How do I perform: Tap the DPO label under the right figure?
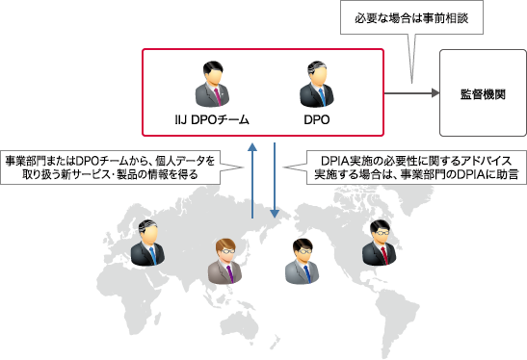[316, 120]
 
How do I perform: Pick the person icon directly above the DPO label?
[316, 85]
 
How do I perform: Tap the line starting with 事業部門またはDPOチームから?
[110, 159]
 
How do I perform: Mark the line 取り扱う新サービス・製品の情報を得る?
[110, 174]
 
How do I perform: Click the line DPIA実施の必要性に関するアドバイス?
[414, 159]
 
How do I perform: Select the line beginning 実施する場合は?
[414, 174]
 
